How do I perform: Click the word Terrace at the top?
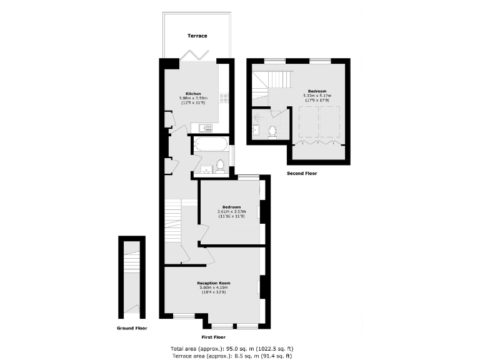click(197, 36)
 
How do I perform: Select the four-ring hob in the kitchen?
click(224, 97)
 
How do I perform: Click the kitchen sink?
click(206, 128)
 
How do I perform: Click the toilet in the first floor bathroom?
click(220, 166)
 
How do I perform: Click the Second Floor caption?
click(302, 173)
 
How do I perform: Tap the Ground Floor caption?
click(132, 327)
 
